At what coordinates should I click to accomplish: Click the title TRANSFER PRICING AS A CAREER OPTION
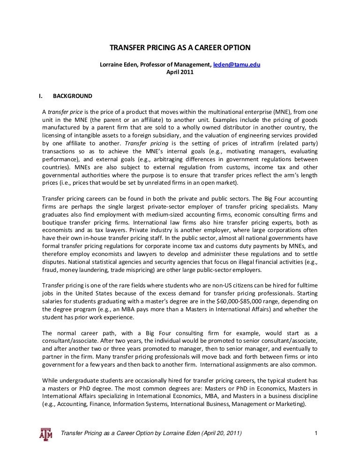coord(180,48)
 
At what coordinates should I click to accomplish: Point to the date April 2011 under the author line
coord(180,72)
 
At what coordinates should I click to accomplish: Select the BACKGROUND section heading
coord(73,96)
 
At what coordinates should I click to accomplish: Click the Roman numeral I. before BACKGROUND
coord(41,96)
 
